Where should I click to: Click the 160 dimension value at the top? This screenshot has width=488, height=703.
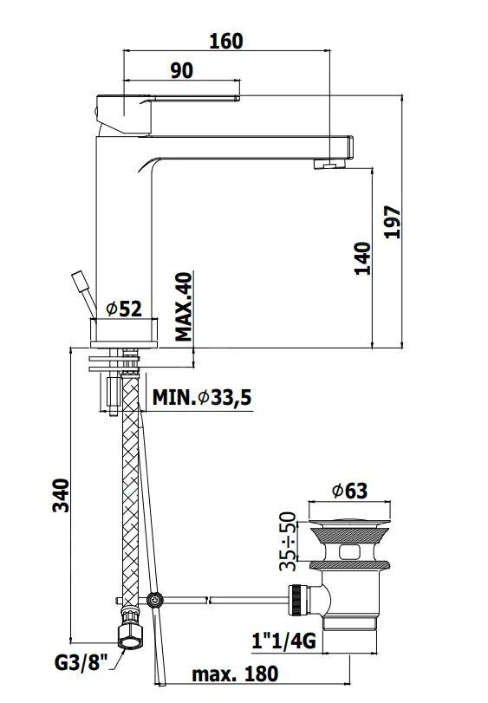click(x=226, y=41)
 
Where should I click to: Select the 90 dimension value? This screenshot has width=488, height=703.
click(x=182, y=71)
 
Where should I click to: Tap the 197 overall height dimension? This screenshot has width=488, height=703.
click(x=393, y=222)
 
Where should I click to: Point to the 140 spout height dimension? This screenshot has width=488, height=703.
click(x=362, y=258)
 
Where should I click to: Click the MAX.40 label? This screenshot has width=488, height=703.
click(x=184, y=307)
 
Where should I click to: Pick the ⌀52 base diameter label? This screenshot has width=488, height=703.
click(x=124, y=309)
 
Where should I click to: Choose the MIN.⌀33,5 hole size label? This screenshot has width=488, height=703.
click(x=202, y=397)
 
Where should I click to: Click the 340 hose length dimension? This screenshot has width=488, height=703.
click(x=61, y=496)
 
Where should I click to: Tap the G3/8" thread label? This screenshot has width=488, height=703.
click(x=81, y=662)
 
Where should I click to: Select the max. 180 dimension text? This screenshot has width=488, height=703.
click(x=235, y=674)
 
